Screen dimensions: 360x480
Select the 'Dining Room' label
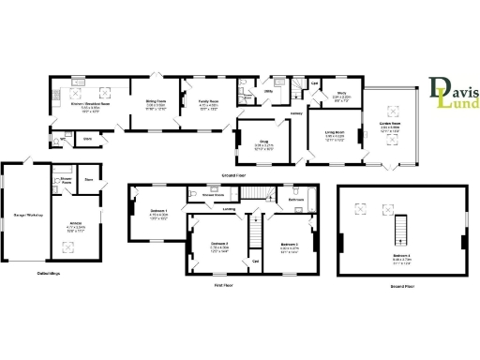pyautogui.click(x=155, y=104)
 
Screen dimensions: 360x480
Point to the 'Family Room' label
pyautogui.click(x=207, y=104)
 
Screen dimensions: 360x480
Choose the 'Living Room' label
pyautogui.click(x=335, y=135)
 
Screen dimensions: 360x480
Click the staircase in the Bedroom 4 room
pyautogui.click(x=401, y=228)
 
